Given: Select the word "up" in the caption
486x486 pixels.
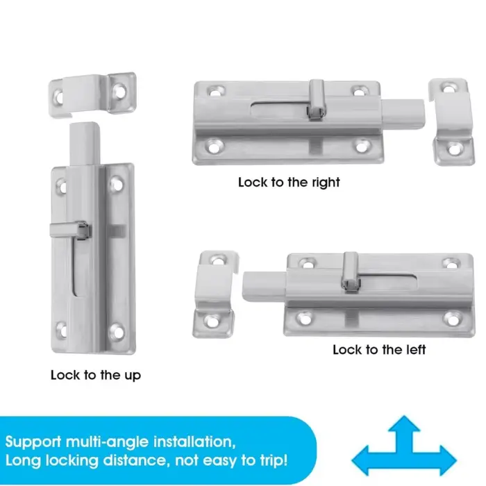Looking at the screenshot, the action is point(133,376).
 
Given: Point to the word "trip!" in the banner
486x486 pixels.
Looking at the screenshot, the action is point(274,460).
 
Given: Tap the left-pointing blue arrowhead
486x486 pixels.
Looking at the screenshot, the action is point(360,460).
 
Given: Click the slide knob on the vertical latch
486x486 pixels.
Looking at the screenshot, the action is point(71,231).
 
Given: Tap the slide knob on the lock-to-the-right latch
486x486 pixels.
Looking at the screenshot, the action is point(317,99).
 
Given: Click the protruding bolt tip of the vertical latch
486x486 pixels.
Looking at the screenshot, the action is point(85,144).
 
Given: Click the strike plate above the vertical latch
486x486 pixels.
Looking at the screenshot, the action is point(93,94).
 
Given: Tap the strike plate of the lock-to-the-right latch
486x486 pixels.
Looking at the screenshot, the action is point(451,121).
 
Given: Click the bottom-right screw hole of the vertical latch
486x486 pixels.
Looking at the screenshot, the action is point(117,332).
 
